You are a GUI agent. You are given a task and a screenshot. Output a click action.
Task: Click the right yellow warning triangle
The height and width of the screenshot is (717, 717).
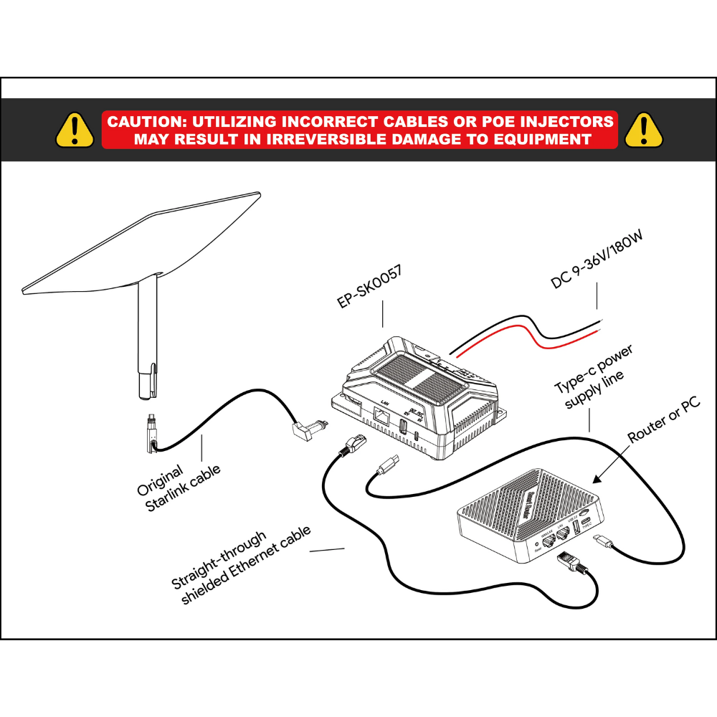point(643,130)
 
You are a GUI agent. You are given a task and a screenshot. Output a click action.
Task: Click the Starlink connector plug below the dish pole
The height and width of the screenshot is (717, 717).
point(150,430)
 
